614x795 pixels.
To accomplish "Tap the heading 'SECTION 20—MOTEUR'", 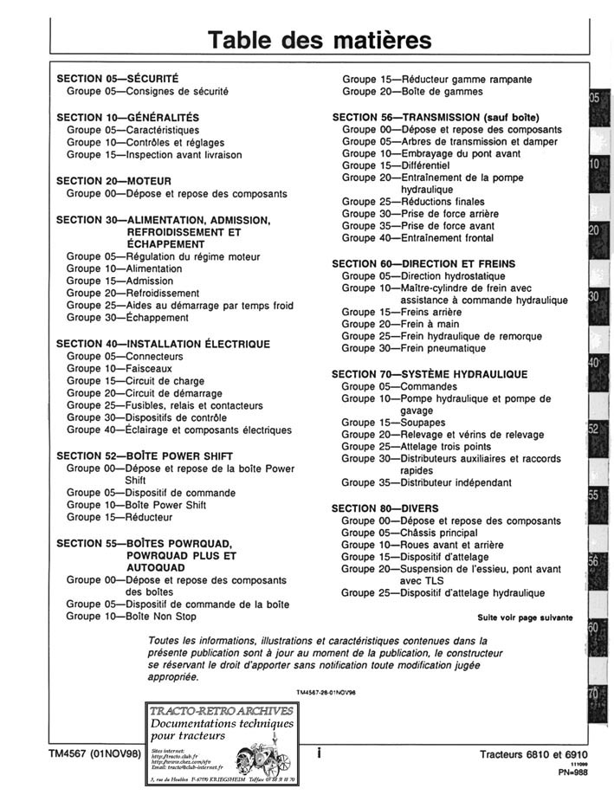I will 113,181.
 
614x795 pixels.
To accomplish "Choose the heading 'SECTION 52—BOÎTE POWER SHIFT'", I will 145,456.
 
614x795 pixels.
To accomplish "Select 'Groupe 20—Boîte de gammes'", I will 412,91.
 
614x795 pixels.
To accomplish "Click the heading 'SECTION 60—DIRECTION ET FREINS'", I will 423,263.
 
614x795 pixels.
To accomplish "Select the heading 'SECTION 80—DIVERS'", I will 385,507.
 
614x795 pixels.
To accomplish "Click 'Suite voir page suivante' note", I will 525,617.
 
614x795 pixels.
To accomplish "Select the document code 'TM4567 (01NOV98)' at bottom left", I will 95,754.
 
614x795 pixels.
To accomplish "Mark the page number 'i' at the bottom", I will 319,754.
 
